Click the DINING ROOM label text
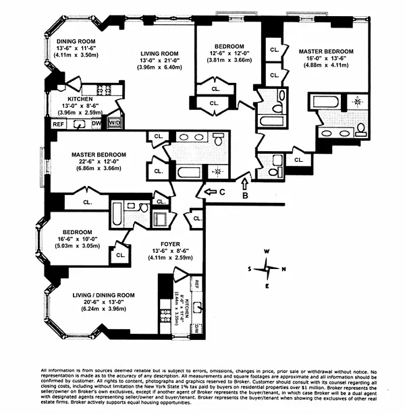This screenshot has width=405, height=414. pyautogui.click(x=76, y=41)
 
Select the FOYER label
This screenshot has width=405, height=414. pyautogui.click(x=169, y=244)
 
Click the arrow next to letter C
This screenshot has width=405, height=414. pyautogui.click(x=203, y=194)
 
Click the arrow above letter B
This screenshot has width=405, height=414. pyautogui.click(x=246, y=180)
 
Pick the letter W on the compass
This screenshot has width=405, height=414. pyautogui.click(x=267, y=252)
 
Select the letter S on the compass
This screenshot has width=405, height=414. pyautogui.click(x=250, y=268)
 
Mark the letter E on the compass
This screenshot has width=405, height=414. pyautogui.click(x=267, y=285)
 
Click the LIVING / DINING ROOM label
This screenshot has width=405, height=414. pyautogui.click(x=104, y=295)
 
